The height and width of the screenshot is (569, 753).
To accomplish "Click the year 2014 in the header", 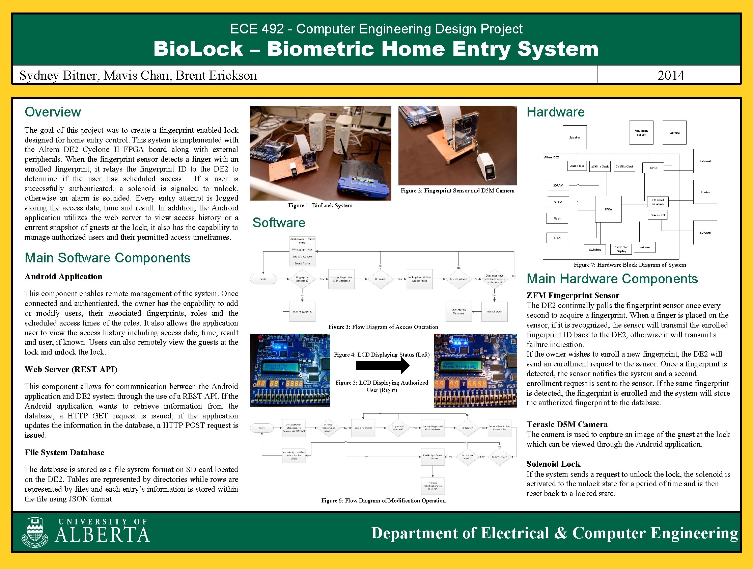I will tap(671, 75).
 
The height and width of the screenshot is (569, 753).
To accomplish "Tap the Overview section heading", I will tap(53, 112).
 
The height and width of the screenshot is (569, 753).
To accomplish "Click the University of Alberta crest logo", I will tap(35, 532).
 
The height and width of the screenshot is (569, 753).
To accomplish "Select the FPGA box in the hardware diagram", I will tap(608, 209).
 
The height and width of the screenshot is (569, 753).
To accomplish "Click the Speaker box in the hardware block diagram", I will tap(575, 137).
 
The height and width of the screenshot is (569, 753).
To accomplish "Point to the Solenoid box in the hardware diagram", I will tap(705, 161).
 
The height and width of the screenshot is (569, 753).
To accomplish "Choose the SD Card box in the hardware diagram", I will tap(705, 232).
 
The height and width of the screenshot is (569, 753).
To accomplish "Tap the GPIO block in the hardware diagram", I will tap(653, 167).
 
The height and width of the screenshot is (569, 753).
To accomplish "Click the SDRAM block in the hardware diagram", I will tap(558, 185).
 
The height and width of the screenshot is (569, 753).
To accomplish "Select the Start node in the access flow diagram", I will tap(263, 279).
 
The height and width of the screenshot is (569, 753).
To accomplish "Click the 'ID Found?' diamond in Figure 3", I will tap(380, 279).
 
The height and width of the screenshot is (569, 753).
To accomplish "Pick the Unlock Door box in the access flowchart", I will tap(494, 311).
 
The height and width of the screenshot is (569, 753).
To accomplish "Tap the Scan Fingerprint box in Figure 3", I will tap(302, 311).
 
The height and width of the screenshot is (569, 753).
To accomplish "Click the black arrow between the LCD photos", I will tap(382, 366).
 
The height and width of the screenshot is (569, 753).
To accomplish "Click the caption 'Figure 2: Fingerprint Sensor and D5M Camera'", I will tap(457, 190).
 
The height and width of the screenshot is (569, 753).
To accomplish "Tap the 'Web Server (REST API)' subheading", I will tap(71, 369).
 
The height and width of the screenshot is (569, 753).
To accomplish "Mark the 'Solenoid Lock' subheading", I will tap(553, 464).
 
